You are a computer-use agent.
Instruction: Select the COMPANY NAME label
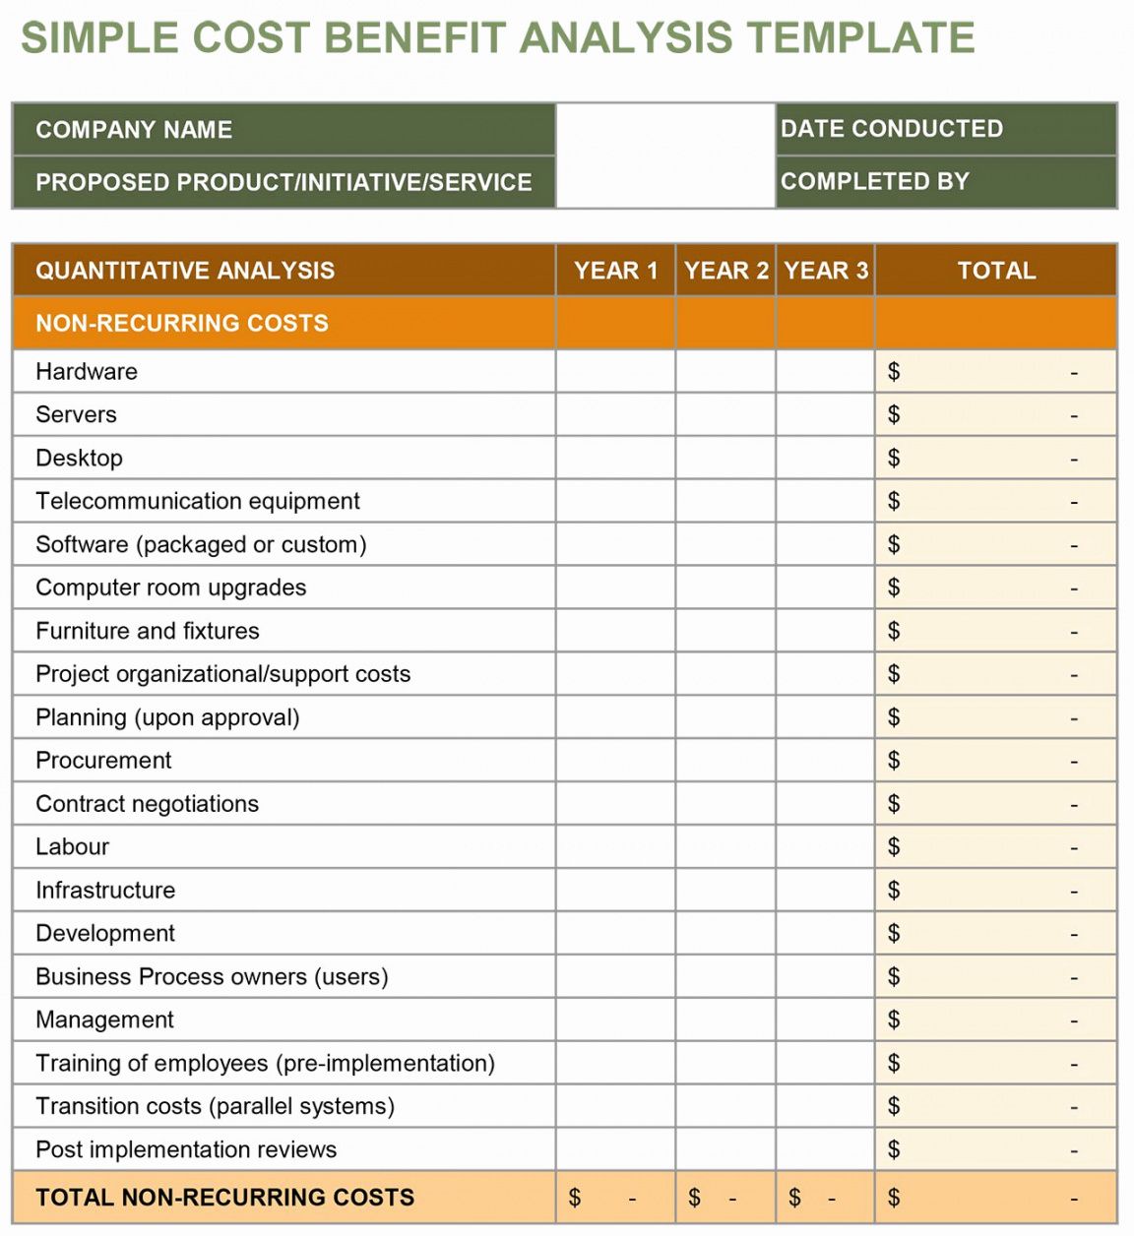pos(134,130)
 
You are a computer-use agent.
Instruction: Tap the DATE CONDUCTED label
pos(892,129)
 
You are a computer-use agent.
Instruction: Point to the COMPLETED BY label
pos(875,182)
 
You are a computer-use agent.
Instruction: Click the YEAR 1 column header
pos(615,271)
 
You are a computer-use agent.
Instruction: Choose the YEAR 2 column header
pos(725,271)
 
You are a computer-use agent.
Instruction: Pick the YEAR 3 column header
pos(826,271)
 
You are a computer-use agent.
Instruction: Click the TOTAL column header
pos(996,271)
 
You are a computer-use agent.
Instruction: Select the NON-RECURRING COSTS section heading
pos(182,323)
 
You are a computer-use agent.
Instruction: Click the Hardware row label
pos(87,372)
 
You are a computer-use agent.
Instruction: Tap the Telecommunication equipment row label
pos(198,501)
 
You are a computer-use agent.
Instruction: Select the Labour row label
pos(72,847)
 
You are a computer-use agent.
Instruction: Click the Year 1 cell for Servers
pos(615,415)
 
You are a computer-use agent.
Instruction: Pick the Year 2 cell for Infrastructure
pos(725,891)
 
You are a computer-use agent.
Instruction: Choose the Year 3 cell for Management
pos(826,1020)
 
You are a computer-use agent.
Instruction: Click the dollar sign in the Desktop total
pos(894,459)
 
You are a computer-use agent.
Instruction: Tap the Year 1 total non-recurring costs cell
pos(615,1198)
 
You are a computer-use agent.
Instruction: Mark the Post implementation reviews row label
pos(186,1149)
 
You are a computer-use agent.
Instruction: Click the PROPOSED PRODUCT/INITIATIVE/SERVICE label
pos(283,182)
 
